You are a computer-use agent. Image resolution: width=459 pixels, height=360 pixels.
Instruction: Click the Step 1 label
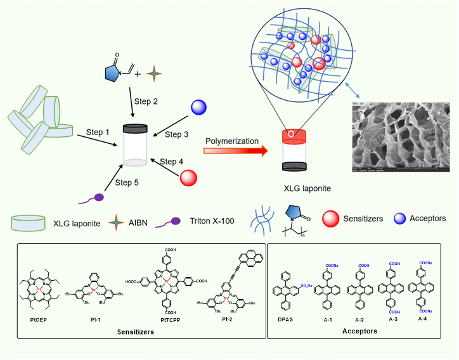(x=98, y=132)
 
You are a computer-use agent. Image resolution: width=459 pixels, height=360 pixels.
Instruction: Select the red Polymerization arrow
(x=233, y=151)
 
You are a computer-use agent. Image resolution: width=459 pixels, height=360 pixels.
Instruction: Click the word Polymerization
(x=231, y=141)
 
